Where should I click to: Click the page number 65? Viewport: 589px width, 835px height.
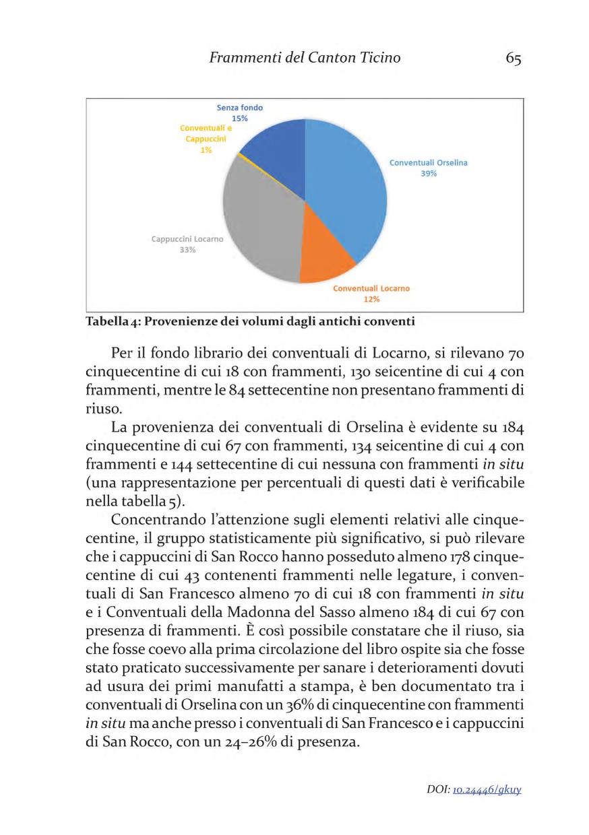(x=513, y=59)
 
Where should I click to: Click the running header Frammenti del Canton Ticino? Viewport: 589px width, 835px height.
(x=305, y=58)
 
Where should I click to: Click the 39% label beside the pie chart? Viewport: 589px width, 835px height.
(x=428, y=173)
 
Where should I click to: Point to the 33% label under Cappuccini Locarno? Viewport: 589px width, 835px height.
(x=187, y=250)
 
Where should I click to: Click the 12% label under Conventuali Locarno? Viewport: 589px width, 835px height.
(x=371, y=299)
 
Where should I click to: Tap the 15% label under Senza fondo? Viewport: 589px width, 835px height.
(x=239, y=118)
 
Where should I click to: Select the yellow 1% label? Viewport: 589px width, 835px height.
(x=206, y=150)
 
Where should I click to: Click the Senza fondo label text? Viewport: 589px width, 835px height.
(x=239, y=107)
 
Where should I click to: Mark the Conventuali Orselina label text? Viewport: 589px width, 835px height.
(x=428, y=162)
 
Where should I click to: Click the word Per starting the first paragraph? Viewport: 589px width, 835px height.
(x=122, y=353)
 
